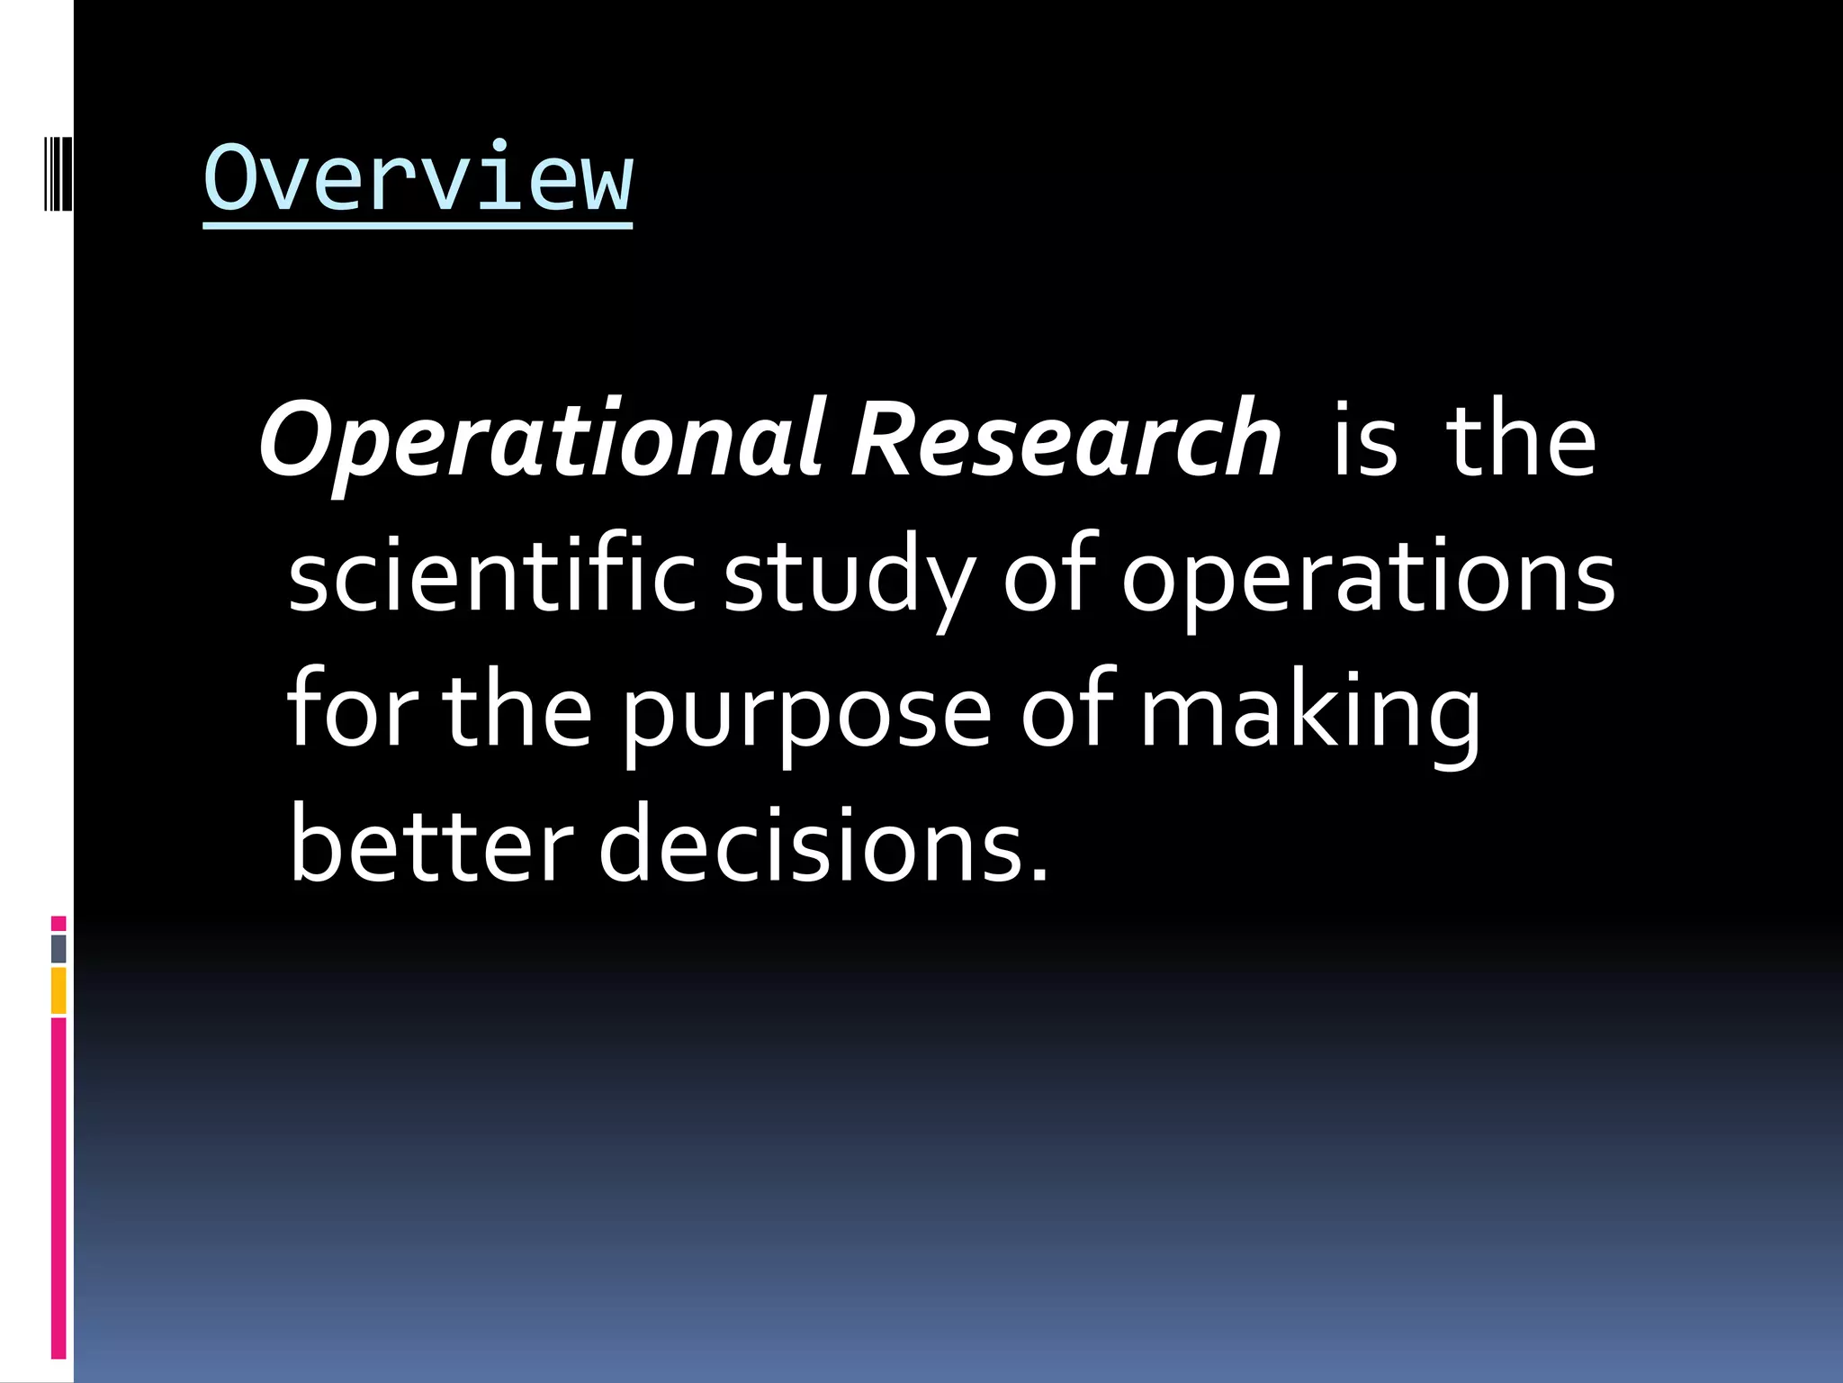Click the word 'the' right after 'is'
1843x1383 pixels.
point(1521,441)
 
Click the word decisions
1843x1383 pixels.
point(823,845)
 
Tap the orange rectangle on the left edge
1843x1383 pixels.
point(58,990)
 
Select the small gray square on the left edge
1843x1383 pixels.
point(58,948)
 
